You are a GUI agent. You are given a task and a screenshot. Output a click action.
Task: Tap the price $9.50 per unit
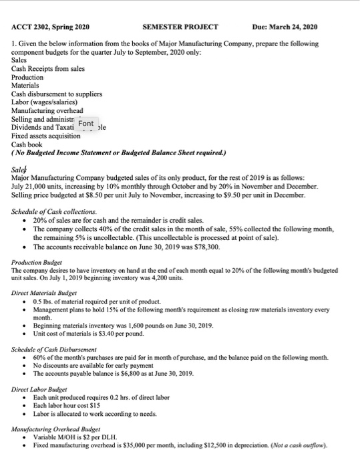pyautogui.click(x=254, y=199)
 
